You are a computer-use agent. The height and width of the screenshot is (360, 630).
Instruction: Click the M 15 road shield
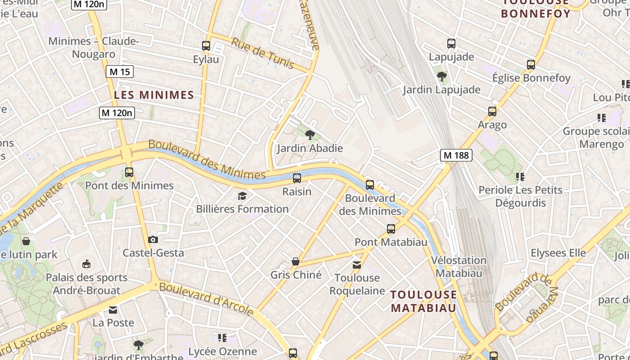(120, 72)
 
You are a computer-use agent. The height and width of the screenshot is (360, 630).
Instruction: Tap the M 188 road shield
(456, 155)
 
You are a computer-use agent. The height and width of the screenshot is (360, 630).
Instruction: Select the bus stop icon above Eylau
(206, 46)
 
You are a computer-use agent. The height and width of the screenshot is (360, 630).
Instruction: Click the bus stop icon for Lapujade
(451, 44)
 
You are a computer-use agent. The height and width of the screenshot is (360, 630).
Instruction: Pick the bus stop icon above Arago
(492, 112)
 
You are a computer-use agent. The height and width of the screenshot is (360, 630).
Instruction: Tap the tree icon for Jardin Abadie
(310, 135)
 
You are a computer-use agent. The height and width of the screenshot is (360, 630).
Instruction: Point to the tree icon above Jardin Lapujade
(441, 76)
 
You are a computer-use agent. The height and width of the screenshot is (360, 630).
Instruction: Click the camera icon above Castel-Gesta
(153, 239)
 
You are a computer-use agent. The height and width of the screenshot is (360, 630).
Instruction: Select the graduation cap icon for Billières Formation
(243, 196)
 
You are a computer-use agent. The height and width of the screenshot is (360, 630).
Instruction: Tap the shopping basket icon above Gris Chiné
(296, 261)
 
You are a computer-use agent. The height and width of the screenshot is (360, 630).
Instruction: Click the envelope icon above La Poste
(113, 310)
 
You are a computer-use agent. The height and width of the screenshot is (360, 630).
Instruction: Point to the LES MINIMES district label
(154, 95)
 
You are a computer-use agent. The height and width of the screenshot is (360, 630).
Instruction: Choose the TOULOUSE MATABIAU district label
(423, 301)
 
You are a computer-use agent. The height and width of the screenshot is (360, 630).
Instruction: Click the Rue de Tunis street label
(263, 53)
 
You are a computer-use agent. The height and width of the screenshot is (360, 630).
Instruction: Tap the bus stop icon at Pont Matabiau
(391, 229)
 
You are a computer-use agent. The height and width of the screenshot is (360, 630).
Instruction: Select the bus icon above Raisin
(297, 178)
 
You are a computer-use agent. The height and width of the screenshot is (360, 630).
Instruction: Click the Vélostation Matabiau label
(459, 266)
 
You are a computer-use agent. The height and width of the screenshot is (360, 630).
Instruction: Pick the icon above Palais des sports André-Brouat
(86, 264)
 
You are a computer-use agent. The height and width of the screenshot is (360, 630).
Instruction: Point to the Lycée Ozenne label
(222, 351)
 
